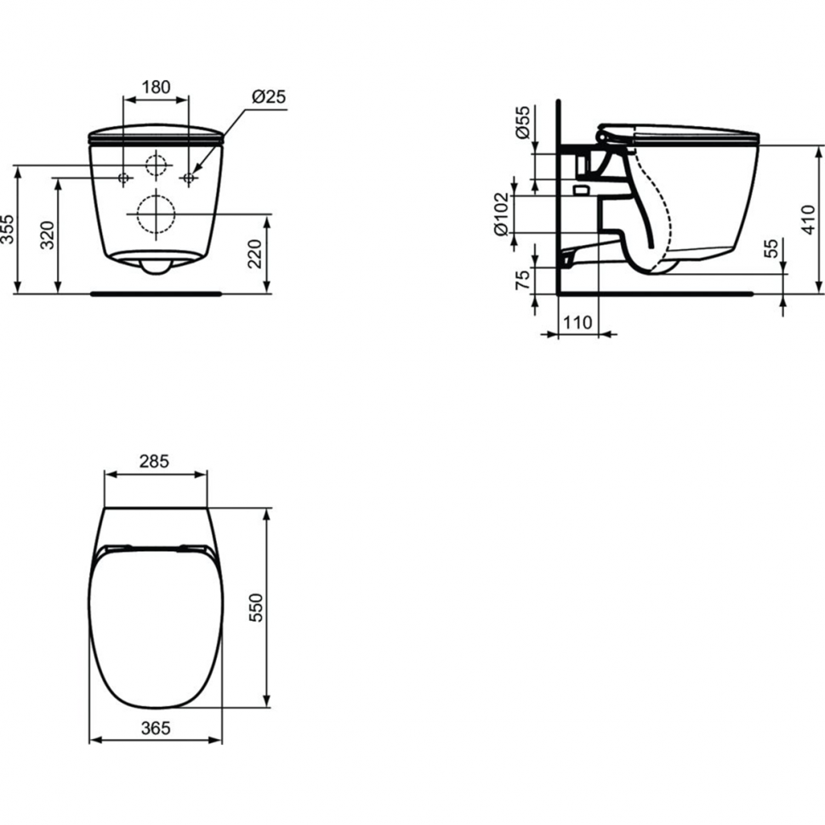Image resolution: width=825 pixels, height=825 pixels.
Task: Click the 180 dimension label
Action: tap(156, 87)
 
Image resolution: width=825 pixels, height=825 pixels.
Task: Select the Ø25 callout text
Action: tap(268, 97)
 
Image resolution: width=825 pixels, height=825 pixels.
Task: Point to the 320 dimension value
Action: tap(48, 236)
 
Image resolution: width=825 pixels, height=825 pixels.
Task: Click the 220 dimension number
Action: tap(254, 253)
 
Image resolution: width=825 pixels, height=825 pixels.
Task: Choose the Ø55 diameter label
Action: tap(523, 122)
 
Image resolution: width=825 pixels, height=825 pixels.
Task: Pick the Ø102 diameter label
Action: tap(502, 213)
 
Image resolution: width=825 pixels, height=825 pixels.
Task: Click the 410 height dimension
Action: tap(811, 219)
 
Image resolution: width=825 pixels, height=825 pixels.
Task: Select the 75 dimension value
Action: tap(523, 279)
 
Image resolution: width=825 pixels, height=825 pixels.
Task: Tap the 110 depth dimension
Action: tap(577, 322)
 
